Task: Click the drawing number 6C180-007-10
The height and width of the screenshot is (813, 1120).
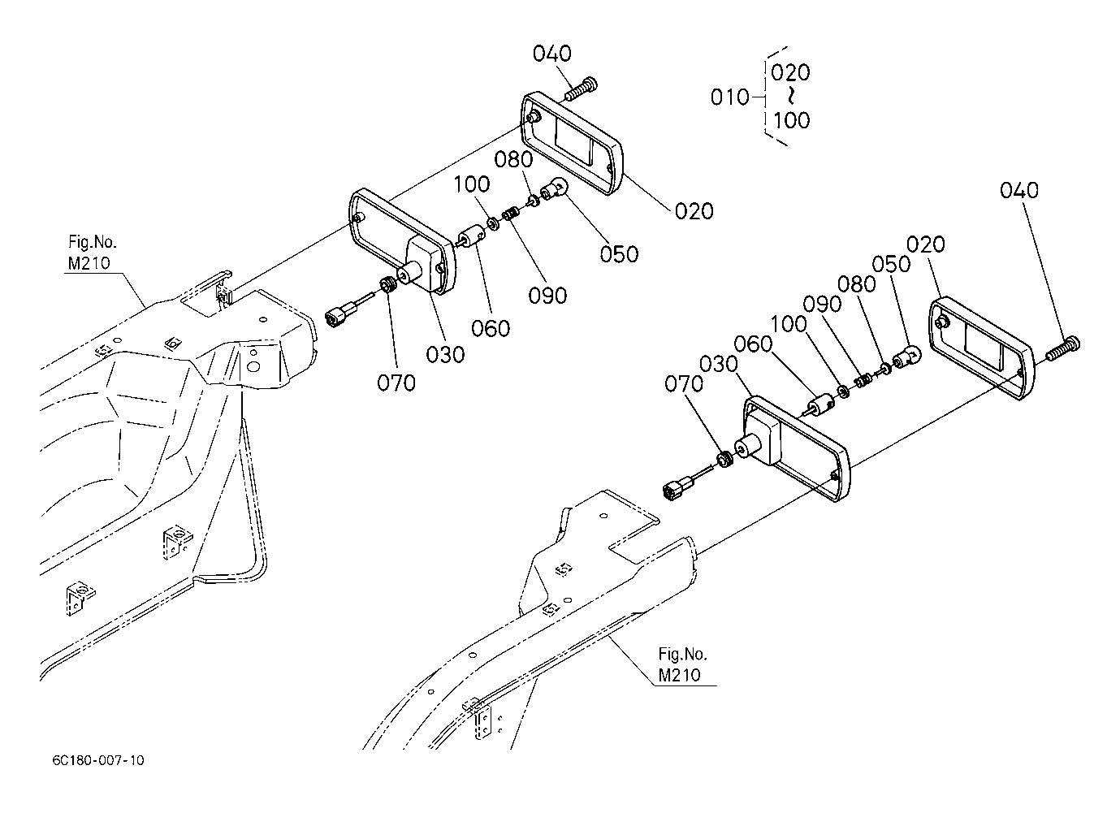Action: [98, 760]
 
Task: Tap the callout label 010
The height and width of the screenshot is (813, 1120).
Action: [729, 97]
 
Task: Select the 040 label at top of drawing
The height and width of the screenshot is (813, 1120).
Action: [551, 54]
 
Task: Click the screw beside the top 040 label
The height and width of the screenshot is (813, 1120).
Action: [581, 89]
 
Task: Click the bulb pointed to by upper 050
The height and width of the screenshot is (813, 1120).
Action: [555, 189]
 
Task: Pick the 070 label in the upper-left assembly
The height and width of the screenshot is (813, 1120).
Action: [396, 383]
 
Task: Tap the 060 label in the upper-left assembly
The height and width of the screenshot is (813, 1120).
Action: [491, 328]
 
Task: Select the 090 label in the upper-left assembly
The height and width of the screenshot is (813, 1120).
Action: [547, 296]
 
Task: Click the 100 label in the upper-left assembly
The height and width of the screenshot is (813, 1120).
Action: [472, 184]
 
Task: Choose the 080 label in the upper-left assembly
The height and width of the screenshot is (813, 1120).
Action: [513, 159]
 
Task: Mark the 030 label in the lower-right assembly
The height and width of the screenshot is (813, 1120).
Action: [719, 364]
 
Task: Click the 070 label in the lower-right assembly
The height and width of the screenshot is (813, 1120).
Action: [684, 384]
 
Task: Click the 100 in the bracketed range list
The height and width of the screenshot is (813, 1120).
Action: [792, 120]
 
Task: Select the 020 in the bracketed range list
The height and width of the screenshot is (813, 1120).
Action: [790, 73]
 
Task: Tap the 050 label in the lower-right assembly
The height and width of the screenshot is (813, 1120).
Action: [891, 265]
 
